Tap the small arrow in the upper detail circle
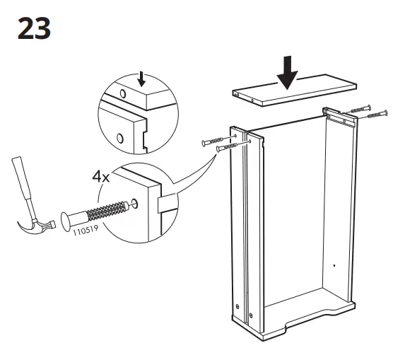point(143,76)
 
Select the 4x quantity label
point(100,176)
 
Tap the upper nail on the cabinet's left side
point(216,141)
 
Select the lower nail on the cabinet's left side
point(229,148)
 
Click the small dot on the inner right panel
point(334,265)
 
